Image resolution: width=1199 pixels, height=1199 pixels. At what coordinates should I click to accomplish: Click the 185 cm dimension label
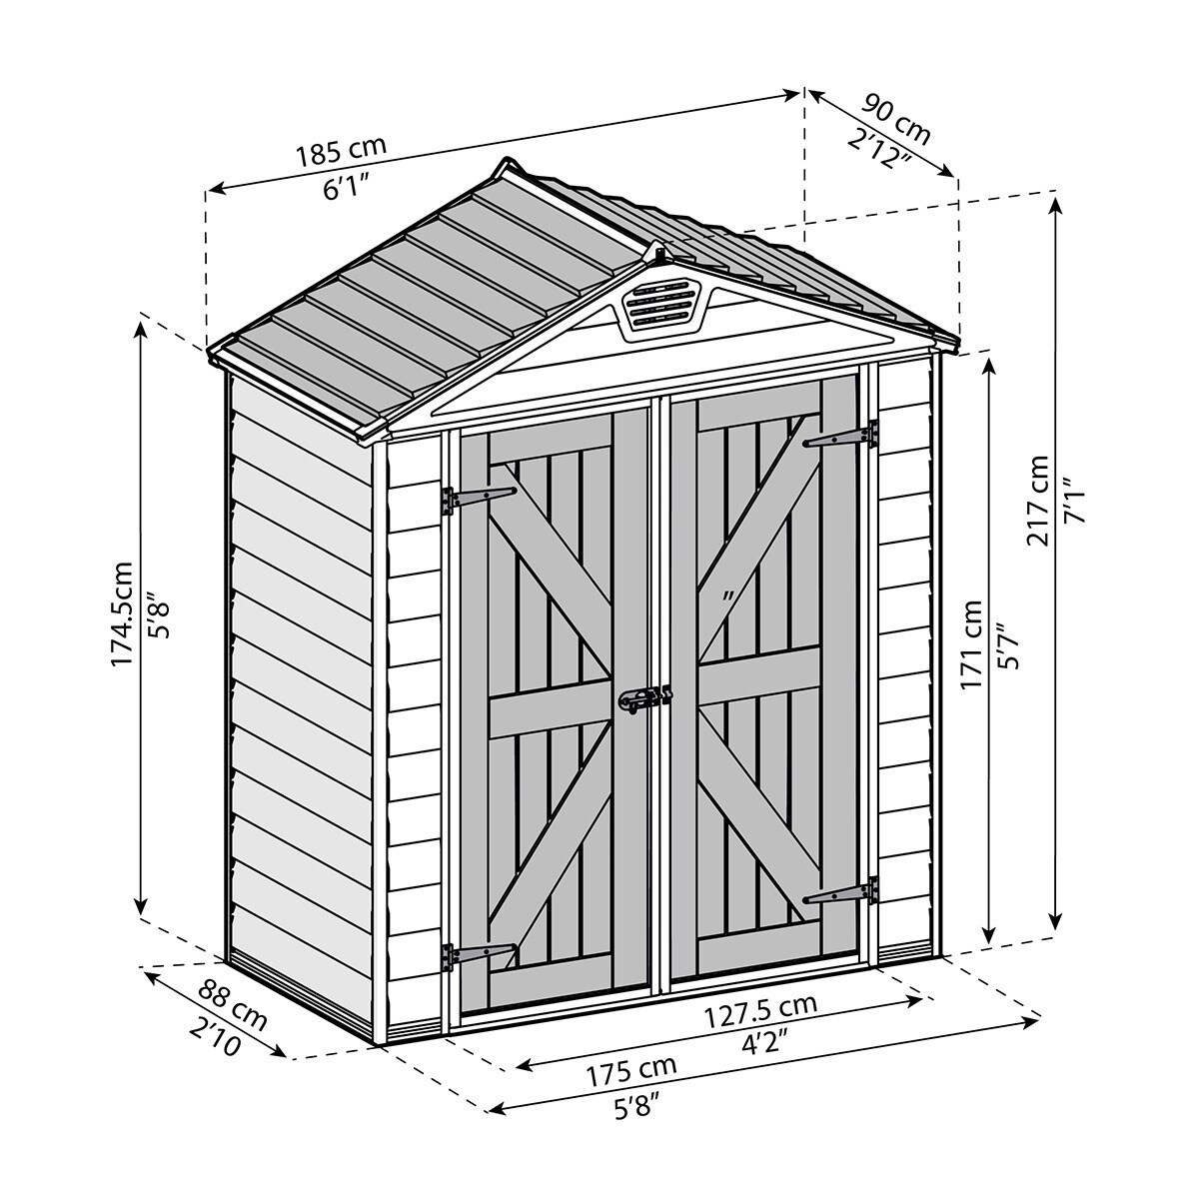pyautogui.click(x=341, y=151)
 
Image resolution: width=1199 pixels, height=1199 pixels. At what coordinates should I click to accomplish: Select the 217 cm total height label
pyautogui.click(x=1039, y=500)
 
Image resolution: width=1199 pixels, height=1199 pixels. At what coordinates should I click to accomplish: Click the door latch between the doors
pyautogui.click(x=644, y=699)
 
